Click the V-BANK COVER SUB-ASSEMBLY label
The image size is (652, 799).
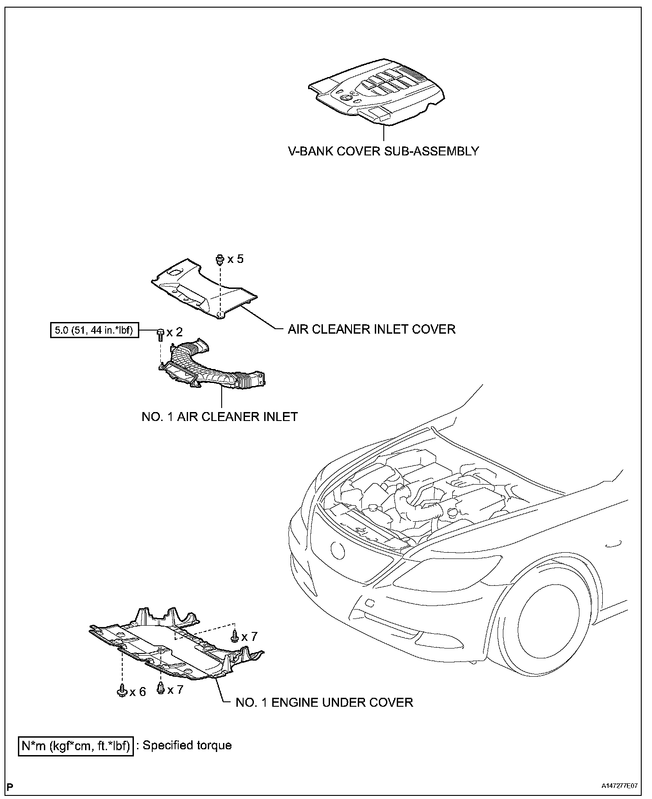[x=383, y=151]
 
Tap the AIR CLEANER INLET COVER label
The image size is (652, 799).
[x=371, y=329]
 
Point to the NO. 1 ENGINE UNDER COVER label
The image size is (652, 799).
[x=324, y=702]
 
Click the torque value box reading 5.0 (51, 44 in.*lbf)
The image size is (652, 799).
[x=94, y=331]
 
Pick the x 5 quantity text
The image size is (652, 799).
[x=236, y=259]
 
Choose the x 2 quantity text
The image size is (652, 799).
[x=175, y=332]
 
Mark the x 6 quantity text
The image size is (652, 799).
[x=138, y=692]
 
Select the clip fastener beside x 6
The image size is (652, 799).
[x=121, y=691]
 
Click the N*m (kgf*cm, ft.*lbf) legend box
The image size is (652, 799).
[x=76, y=746]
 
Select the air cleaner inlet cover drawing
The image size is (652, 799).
[x=204, y=289]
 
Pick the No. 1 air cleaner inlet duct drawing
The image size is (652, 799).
[x=210, y=365]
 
